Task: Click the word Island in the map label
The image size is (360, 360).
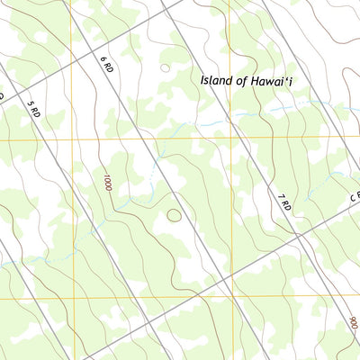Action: [x=217, y=80]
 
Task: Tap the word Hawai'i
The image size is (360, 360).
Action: [x=269, y=80]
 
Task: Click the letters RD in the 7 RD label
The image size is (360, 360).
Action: [x=286, y=206]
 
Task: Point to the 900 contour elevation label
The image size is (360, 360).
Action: [x=352, y=320]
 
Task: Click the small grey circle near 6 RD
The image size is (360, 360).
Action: [x=164, y=67]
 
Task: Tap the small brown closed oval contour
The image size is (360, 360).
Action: [x=174, y=214]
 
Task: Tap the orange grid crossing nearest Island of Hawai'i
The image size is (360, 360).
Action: [x=229, y=138]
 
